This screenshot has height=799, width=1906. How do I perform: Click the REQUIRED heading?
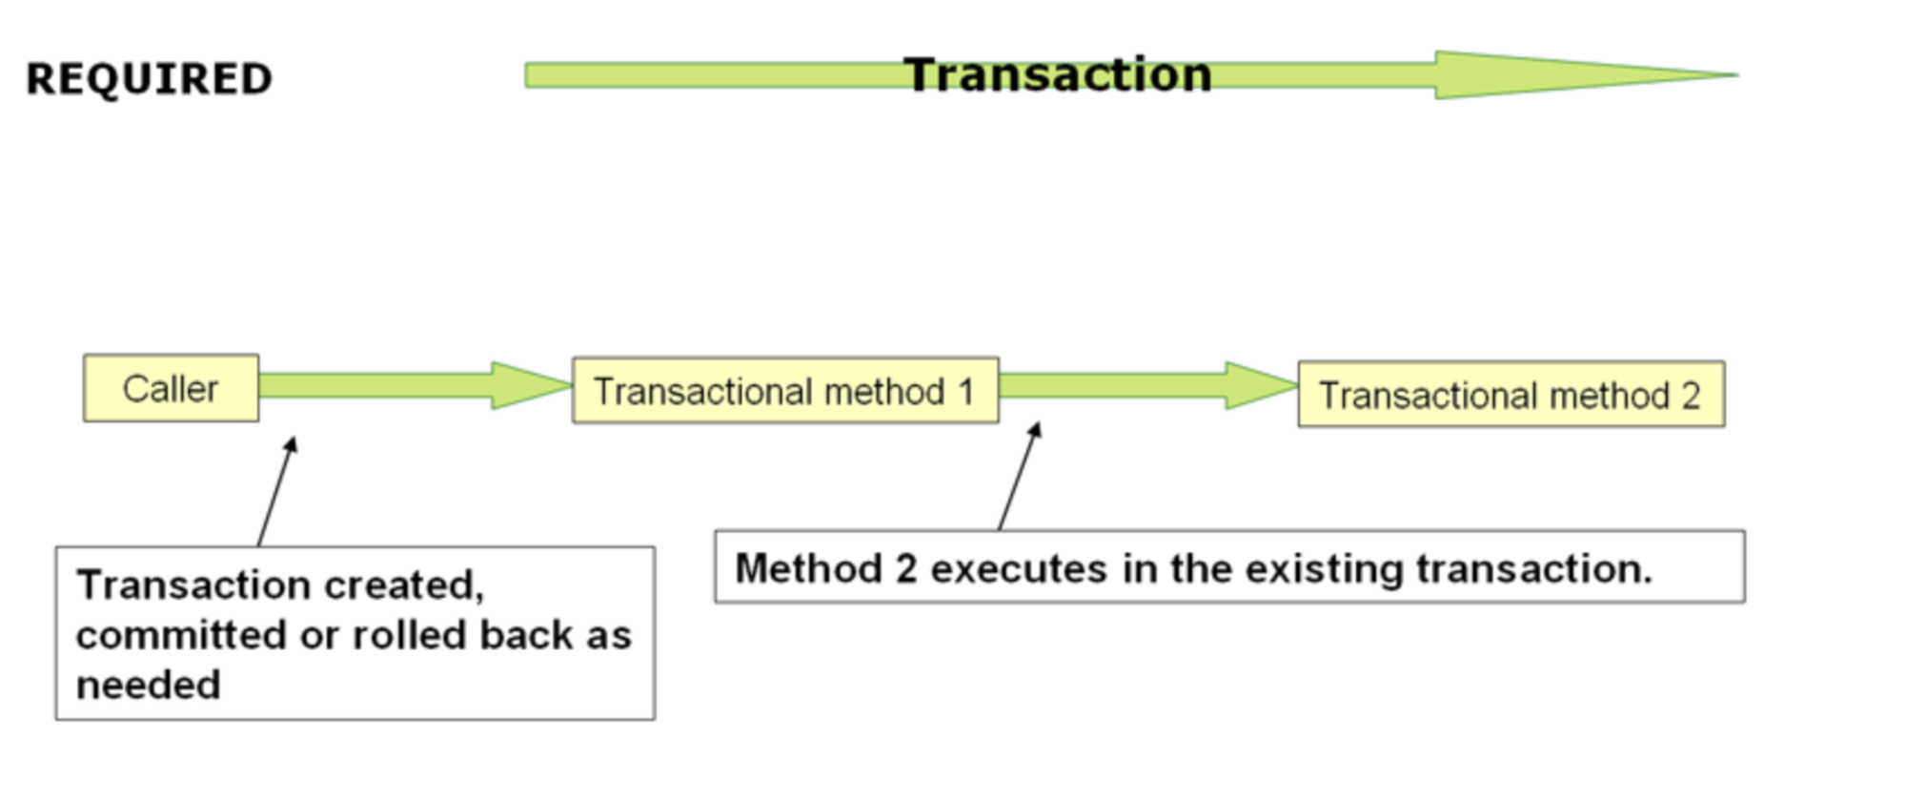pyautogui.click(x=149, y=78)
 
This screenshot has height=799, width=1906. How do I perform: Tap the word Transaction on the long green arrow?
pyautogui.click(x=1058, y=74)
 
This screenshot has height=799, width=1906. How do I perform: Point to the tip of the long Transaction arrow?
pyautogui.click(x=1738, y=74)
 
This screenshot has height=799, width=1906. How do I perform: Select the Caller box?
pyautogui.click(x=171, y=388)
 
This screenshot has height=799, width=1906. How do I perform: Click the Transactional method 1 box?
pyautogui.click(x=785, y=390)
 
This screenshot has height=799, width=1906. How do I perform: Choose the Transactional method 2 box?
pyautogui.click(x=1511, y=394)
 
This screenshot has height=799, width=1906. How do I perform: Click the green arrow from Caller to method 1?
pyautogui.click(x=416, y=385)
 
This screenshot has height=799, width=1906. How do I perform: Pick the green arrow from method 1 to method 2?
pyautogui.click(x=1148, y=385)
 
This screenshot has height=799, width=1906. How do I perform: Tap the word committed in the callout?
pyautogui.click(x=181, y=635)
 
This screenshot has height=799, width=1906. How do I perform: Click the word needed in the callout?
pyautogui.click(x=149, y=685)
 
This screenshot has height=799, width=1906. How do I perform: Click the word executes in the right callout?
pyautogui.click(x=1019, y=569)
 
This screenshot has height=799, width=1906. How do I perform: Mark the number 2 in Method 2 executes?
pyautogui.click(x=905, y=569)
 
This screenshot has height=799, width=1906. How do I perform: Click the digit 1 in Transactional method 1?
pyautogui.click(x=965, y=392)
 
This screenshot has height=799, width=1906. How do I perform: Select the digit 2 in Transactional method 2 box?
pyautogui.click(x=1691, y=396)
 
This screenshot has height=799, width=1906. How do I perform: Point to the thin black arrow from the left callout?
pyautogui.click(x=276, y=492)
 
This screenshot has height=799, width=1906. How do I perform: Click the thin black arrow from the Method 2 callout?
pyautogui.click(x=1020, y=476)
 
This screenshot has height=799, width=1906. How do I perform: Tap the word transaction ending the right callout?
pyautogui.click(x=1534, y=569)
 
